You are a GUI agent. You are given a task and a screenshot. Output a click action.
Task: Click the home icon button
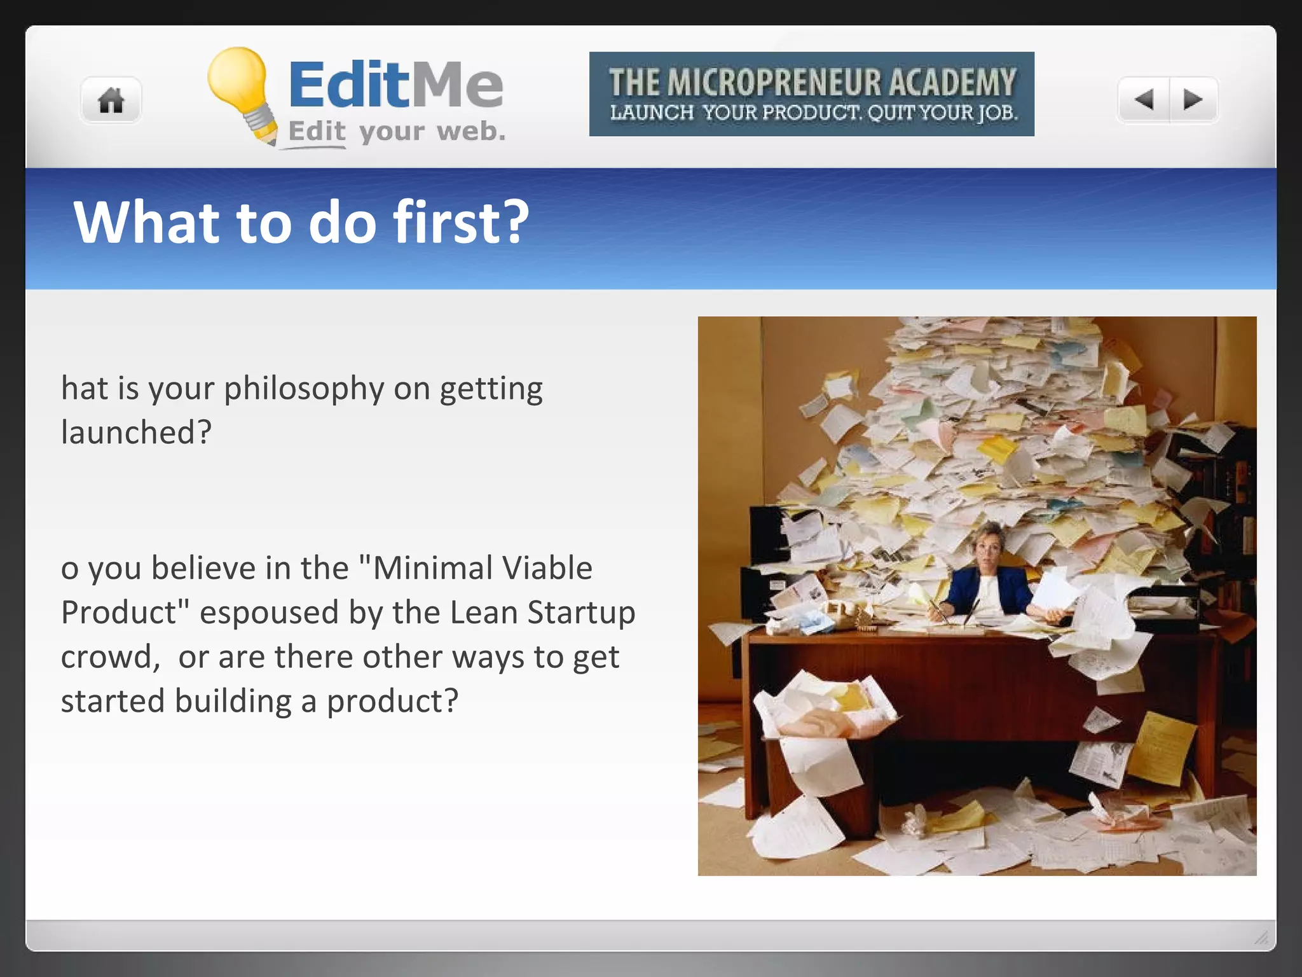(x=111, y=100)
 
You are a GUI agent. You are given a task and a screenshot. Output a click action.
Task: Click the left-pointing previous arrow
(x=1144, y=99)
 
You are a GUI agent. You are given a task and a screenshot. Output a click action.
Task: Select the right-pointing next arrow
(x=1193, y=99)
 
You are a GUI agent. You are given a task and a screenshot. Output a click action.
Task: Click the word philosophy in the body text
(x=304, y=389)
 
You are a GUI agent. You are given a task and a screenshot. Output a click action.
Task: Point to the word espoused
(x=269, y=613)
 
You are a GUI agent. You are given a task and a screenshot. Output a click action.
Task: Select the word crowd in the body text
(x=108, y=657)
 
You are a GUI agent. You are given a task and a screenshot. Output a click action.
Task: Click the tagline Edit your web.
(x=397, y=132)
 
